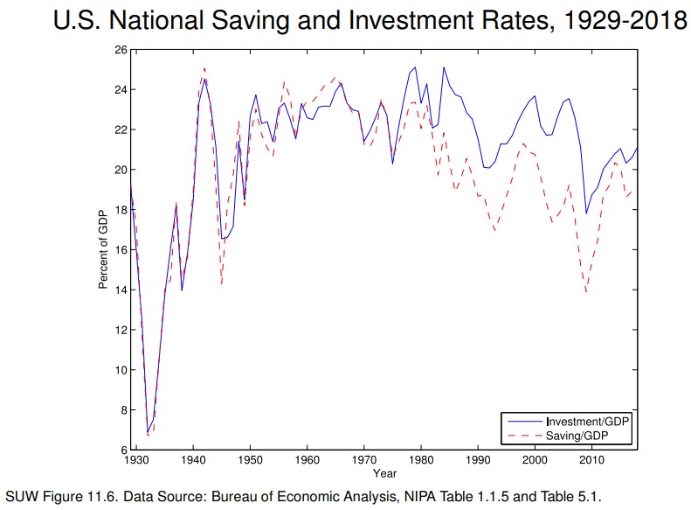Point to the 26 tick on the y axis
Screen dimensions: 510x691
coord(120,49)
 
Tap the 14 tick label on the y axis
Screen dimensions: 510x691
coord(120,290)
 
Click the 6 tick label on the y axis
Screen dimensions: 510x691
coord(122,450)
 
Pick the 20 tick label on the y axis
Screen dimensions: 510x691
coord(120,170)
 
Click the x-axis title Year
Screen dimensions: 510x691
coord(384,473)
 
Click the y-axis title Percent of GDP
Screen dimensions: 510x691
coord(103,249)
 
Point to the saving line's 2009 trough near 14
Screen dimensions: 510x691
coord(586,291)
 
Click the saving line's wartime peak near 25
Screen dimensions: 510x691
coord(204,67)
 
